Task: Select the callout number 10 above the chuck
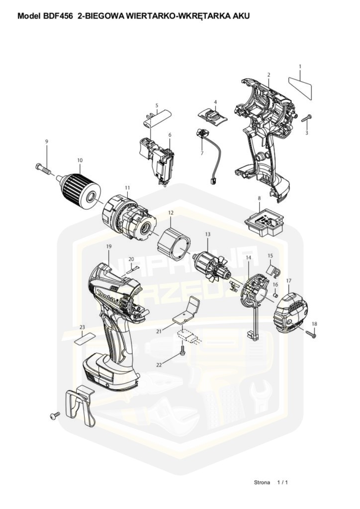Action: point(80,160)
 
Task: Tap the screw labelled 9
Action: point(44,169)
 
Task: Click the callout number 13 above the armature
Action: point(208,234)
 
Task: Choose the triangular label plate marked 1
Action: point(300,84)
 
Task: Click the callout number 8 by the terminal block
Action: point(259,198)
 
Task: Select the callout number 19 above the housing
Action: point(108,247)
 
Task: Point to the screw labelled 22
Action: point(183,351)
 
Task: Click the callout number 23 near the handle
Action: point(82,327)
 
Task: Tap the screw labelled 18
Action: point(311,335)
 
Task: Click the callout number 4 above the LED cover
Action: point(215,102)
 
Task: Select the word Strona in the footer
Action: point(262,482)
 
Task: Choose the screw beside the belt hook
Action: point(54,414)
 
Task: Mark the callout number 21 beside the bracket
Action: point(159,331)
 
